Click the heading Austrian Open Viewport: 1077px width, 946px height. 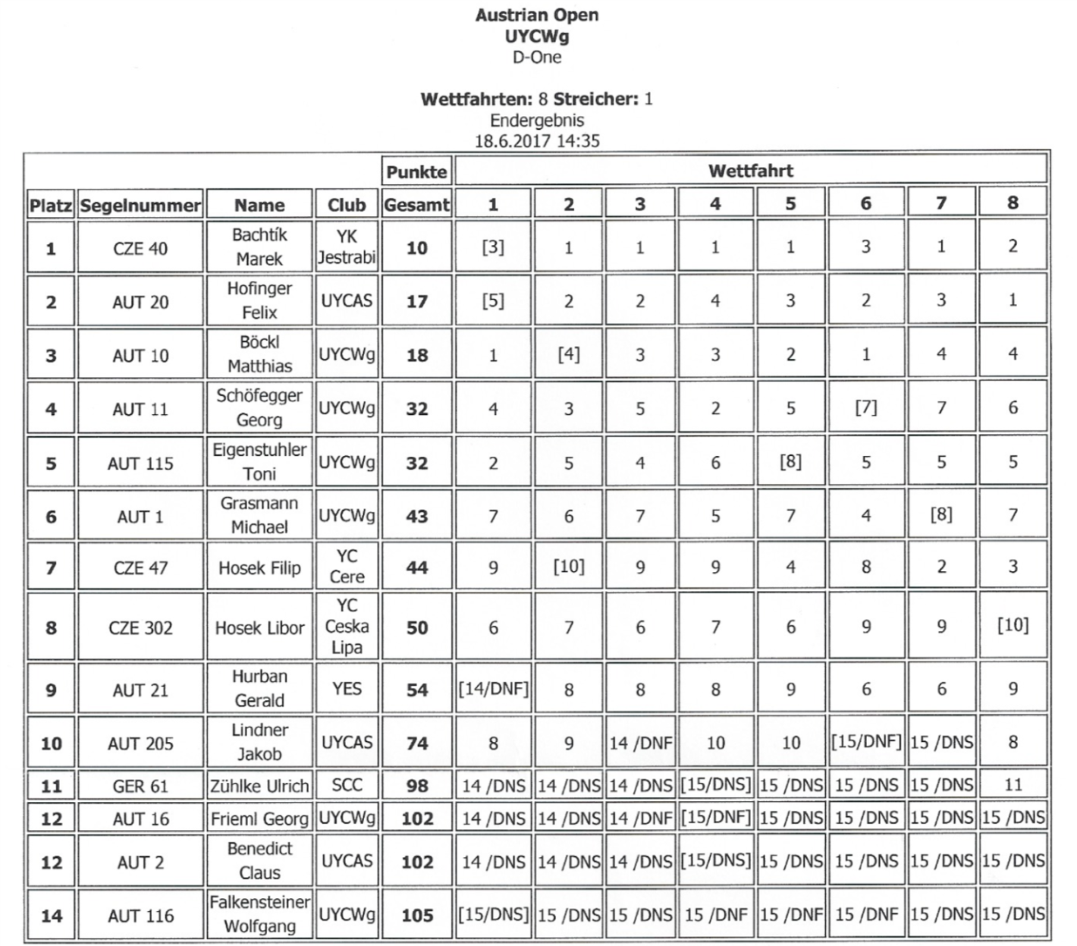tap(537, 15)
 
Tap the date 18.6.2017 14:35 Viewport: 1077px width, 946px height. tap(537, 140)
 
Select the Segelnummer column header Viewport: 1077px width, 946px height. tap(140, 205)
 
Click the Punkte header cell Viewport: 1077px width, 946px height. tap(416, 172)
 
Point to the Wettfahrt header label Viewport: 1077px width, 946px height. tap(750, 171)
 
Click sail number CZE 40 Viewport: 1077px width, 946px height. tap(140, 248)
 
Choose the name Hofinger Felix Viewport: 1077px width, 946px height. tap(259, 300)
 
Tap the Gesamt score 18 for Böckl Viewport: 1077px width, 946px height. tap(416, 355)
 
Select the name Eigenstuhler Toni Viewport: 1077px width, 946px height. tap(259, 461)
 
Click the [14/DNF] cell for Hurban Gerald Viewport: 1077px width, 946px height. tap(493, 689)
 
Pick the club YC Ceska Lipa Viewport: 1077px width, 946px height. tap(347, 627)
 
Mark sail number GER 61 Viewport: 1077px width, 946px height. tap(140, 786)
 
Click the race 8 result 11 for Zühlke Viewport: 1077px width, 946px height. tap(1013, 785)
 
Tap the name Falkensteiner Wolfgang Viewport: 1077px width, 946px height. tap(259, 914)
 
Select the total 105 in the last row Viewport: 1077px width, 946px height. tap(416, 916)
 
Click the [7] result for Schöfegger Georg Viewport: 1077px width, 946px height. tap(865, 407)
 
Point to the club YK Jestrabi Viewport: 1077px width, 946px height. tap(347, 247)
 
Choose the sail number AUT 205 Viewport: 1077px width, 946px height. tap(140, 743)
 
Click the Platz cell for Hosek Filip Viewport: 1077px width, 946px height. tap(51, 567)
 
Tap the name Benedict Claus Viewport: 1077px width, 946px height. tap(259, 861)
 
